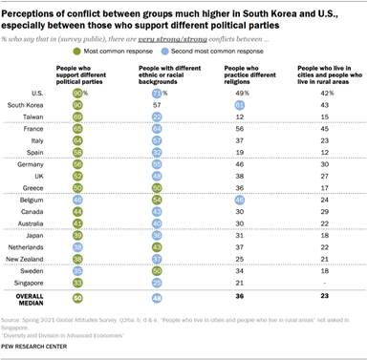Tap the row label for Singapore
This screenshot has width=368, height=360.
click(27, 283)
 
